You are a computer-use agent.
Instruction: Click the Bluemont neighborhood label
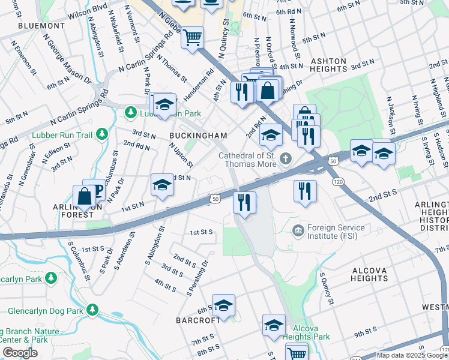41,26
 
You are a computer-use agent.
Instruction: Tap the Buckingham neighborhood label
198,136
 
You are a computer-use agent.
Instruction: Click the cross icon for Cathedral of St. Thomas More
286,159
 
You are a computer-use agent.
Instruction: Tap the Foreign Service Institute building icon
297,230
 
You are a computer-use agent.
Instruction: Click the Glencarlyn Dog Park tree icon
92,310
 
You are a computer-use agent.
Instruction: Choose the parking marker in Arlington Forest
94,190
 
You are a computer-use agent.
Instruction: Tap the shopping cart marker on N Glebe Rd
193,38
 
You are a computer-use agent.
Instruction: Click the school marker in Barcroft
223,305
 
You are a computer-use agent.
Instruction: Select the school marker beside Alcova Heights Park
274,325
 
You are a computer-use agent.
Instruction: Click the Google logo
20,353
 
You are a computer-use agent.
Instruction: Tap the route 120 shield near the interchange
337,181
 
